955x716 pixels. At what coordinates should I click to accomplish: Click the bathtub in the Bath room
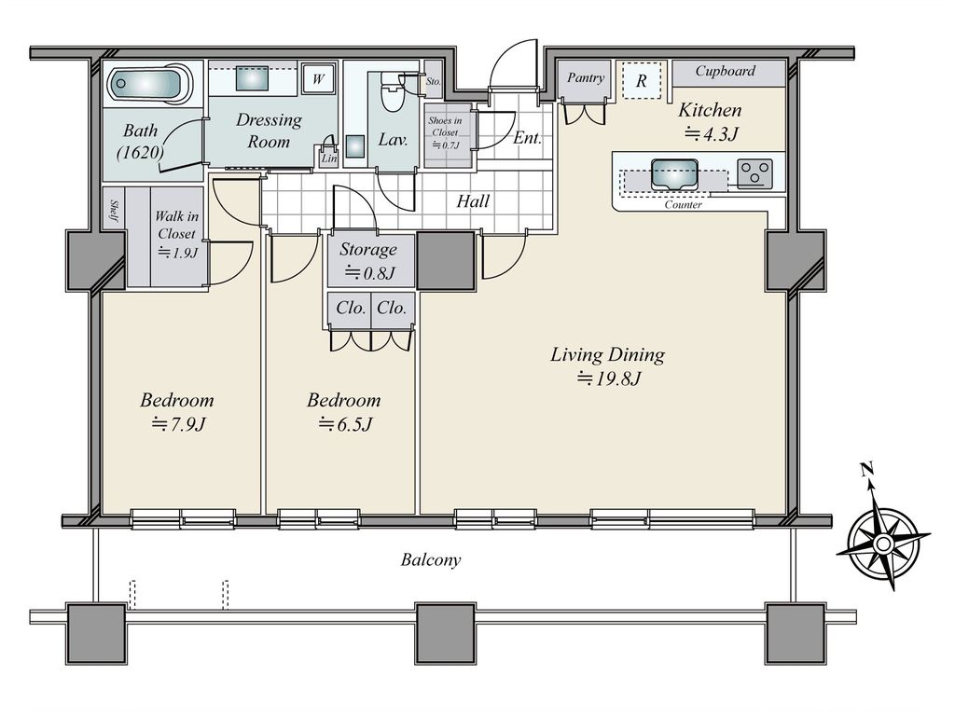(x=150, y=83)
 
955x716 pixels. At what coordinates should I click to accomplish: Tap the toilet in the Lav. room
(x=392, y=90)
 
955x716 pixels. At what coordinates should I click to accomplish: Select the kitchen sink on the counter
(x=673, y=174)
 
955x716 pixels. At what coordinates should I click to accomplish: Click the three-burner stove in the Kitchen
(x=754, y=172)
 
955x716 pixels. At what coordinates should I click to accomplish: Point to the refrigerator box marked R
(x=642, y=80)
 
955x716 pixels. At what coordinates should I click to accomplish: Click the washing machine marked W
(x=319, y=78)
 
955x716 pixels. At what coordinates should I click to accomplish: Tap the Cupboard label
(x=726, y=71)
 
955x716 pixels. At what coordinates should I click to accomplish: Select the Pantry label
(x=586, y=78)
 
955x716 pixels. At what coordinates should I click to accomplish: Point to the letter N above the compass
(x=866, y=469)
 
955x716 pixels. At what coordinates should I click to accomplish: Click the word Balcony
(x=431, y=560)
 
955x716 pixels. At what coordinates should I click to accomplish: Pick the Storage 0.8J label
(x=368, y=261)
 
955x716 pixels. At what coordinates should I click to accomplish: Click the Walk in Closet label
(x=176, y=234)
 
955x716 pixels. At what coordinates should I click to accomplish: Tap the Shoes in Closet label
(x=445, y=132)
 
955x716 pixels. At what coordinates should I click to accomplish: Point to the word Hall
(x=473, y=201)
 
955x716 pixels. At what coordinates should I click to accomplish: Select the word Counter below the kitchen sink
(x=684, y=205)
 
